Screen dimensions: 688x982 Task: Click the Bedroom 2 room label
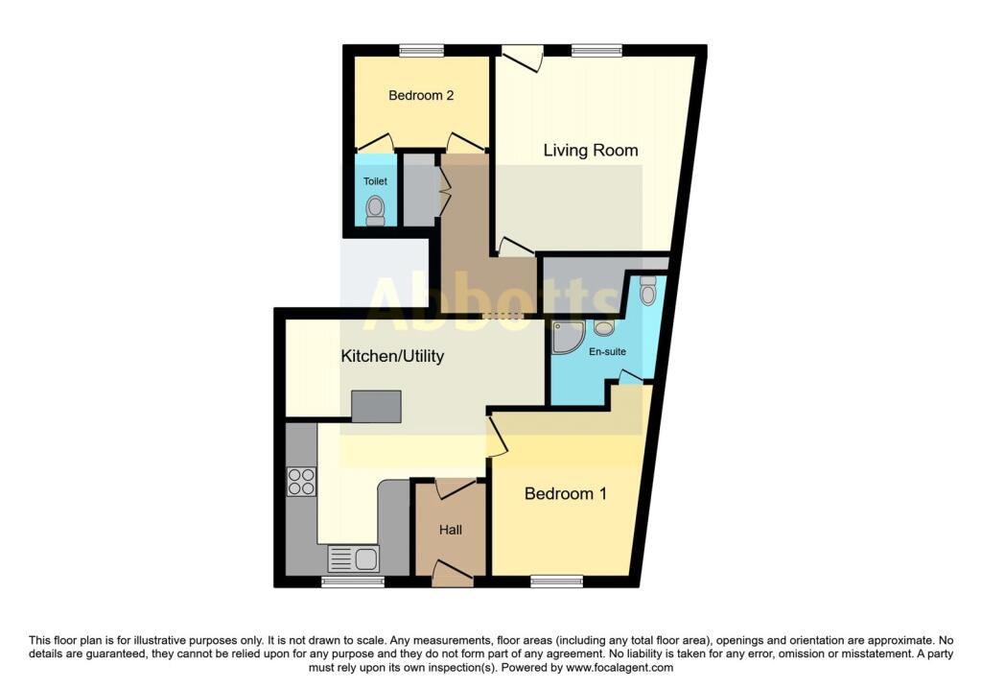[420, 96]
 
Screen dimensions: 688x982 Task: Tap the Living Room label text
[591, 151]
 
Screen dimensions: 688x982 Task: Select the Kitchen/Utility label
[392, 357]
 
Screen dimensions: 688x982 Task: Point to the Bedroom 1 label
[566, 494]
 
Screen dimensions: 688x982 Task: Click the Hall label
[451, 530]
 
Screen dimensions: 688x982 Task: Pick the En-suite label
[607, 352]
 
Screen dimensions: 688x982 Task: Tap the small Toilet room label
[374, 181]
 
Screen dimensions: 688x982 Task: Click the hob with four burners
[301, 481]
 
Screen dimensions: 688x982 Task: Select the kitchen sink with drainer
[353, 558]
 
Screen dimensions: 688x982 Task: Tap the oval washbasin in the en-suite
[604, 328]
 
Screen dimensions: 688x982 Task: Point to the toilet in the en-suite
[647, 289]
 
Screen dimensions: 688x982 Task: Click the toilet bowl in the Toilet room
[375, 208]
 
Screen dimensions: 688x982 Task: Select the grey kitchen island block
[376, 407]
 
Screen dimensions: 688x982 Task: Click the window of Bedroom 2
[422, 51]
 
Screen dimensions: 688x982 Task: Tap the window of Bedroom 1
[557, 581]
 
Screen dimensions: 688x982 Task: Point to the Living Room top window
[596, 51]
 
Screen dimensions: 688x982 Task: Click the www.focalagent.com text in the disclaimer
[621, 668]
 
